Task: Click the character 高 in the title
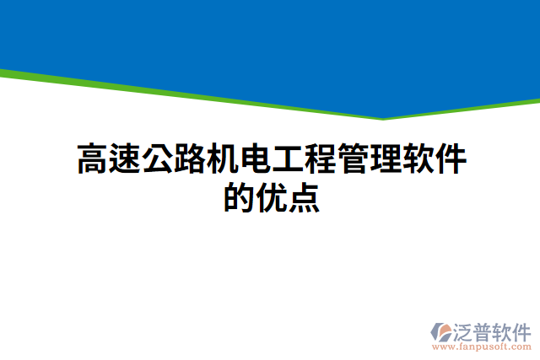(x=93, y=159)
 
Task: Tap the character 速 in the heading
(x=126, y=159)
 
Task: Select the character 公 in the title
(x=158, y=159)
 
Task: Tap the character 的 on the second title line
(x=240, y=199)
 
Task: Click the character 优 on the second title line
(x=272, y=199)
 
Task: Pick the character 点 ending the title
(x=304, y=199)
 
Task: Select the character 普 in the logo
(x=486, y=330)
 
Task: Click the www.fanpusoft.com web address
(x=481, y=346)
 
